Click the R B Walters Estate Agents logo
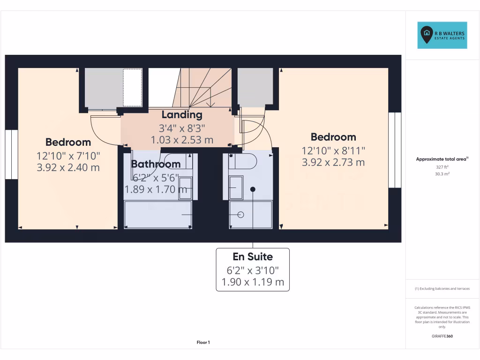pyautogui.click(x=442, y=35)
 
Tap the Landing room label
pyautogui.click(x=182, y=115)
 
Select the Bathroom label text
pyautogui.click(x=156, y=164)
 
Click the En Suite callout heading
pyautogui.click(x=253, y=257)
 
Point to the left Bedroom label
pyautogui.click(x=68, y=142)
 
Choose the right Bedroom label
pyautogui.click(x=333, y=137)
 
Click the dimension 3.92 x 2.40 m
pyautogui.click(x=68, y=167)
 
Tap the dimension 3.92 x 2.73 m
pyautogui.click(x=333, y=162)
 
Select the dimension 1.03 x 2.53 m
pyautogui.click(x=182, y=140)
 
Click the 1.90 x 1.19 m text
pyautogui.click(x=253, y=282)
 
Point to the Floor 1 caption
pyautogui.click(x=203, y=343)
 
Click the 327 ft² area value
pyautogui.click(x=442, y=167)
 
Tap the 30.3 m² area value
pyautogui.click(x=442, y=173)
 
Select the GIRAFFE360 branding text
pyautogui.click(x=442, y=336)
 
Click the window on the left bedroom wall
pyautogui.click(x=11, y=154)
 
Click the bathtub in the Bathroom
pyautogui.click(x=158, y=215)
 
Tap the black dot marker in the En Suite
pyautogui.click(x=253, y=189)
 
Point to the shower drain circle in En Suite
pyautogui.click(x=241, y=215)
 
